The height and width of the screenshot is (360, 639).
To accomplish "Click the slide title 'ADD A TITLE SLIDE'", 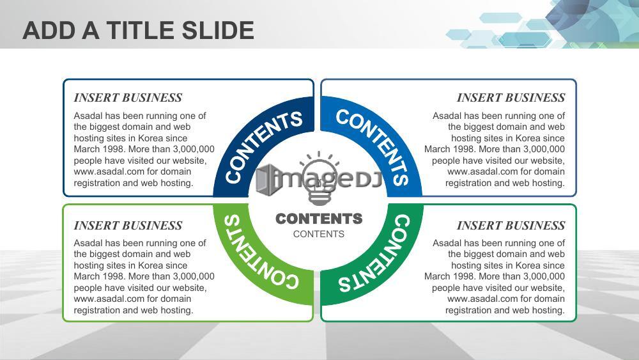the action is [138, 31].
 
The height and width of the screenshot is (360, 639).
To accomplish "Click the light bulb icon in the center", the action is [319, 178].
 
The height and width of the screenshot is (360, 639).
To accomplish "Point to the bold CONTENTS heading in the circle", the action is [319, 219].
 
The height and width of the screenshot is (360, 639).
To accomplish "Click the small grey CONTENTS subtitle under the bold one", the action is [319, 234].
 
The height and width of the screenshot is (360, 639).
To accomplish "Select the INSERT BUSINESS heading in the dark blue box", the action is [128, 98].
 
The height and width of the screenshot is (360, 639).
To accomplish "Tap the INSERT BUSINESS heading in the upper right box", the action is [511, 98].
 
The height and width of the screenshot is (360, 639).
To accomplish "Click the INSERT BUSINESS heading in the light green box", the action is [128, 226].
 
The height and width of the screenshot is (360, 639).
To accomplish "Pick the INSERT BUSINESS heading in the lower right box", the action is [511, 226].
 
